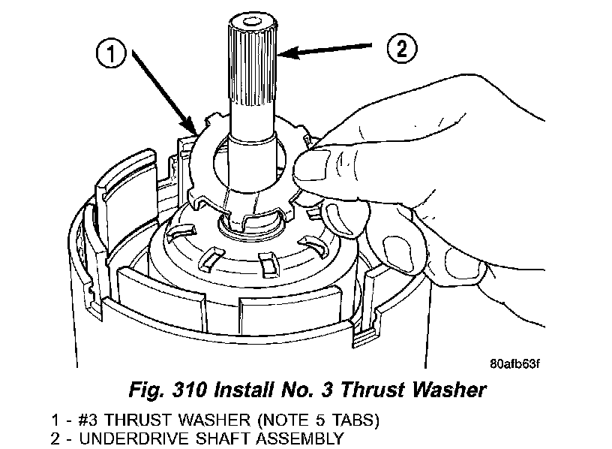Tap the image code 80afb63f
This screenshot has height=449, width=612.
click(514, 366)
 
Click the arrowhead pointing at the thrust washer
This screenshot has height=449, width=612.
click(193, 131)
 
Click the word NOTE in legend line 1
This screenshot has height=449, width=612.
click(239, 420)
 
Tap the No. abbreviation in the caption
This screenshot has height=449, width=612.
click(304, 390)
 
